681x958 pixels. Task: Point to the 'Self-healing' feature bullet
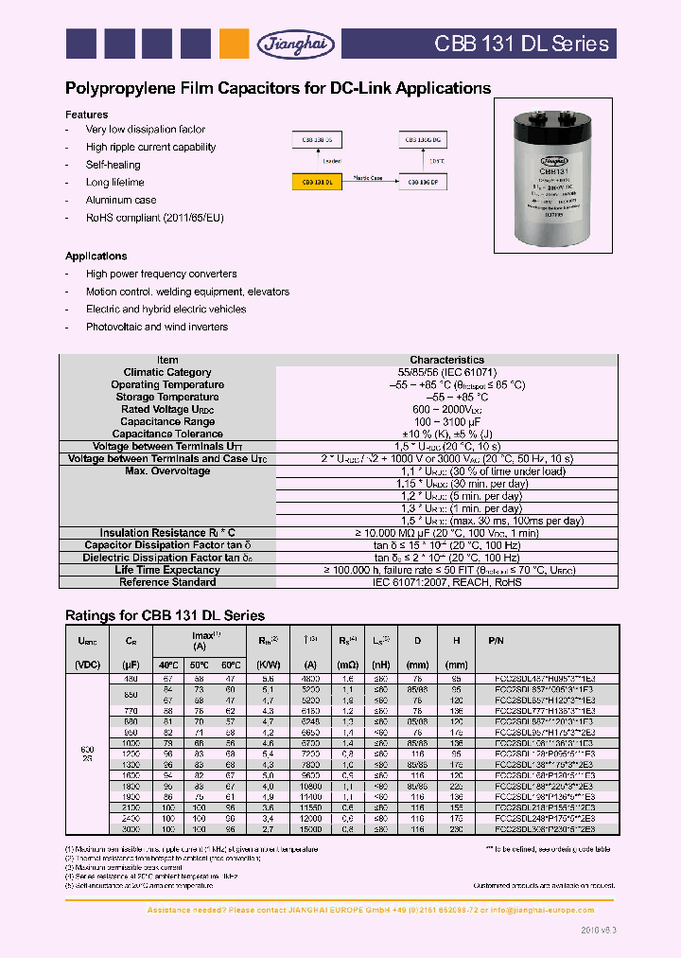(114, 165)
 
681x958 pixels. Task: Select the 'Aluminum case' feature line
(121, 200)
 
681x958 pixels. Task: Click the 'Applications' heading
(96, 257)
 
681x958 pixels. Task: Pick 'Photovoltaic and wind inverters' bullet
(156, 327)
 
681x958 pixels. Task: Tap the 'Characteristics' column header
(446, 360)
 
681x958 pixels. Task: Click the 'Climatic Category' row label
(166, 372)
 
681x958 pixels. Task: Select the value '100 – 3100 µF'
(446, 421)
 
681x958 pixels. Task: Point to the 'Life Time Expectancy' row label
(166, 570)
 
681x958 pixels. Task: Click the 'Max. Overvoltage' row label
(166, 471)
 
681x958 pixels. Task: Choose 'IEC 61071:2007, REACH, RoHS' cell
(446, 582)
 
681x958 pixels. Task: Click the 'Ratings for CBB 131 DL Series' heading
(165, 615)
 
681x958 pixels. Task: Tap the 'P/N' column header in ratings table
(549, 640)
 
